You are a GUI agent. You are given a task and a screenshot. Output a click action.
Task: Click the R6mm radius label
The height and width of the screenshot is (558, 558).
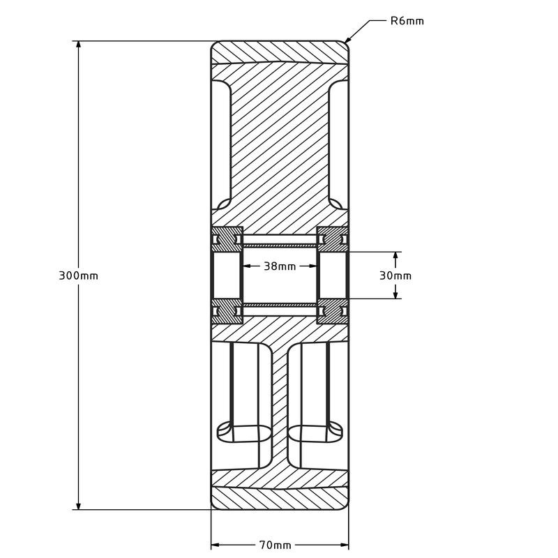pyautogui.click(x=407, y=21)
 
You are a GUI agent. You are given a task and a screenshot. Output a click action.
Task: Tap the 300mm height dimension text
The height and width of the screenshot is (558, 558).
pyautogui.click(x=78, y=276)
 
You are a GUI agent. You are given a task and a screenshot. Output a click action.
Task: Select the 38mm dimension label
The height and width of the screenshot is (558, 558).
pyautogui.click(x=280, y=266)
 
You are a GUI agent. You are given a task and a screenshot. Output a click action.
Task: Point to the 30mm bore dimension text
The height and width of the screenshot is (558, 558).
pyautogui.click(x=395, y=276)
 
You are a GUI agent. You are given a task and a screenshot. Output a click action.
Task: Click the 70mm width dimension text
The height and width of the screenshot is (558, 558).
pyautogui.click(x=275, y=545)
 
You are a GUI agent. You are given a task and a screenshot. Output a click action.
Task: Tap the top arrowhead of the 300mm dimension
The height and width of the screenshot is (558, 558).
pyautogui.click(x=78, y=45)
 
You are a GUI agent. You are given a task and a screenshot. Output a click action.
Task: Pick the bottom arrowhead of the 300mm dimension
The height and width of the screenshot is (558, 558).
pyautogui.click(x=78, y=505)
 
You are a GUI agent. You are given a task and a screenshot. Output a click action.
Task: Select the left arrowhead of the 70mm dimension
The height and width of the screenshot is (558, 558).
pyautogui.click(x=216, y=545)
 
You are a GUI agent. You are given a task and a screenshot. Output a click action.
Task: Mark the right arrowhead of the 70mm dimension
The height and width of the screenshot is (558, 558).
pyautogui.click(x=345, y=545)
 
